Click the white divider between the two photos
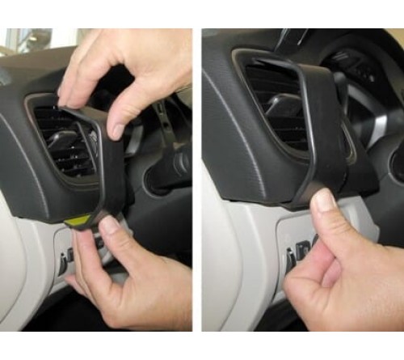click(x=197, y=178)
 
